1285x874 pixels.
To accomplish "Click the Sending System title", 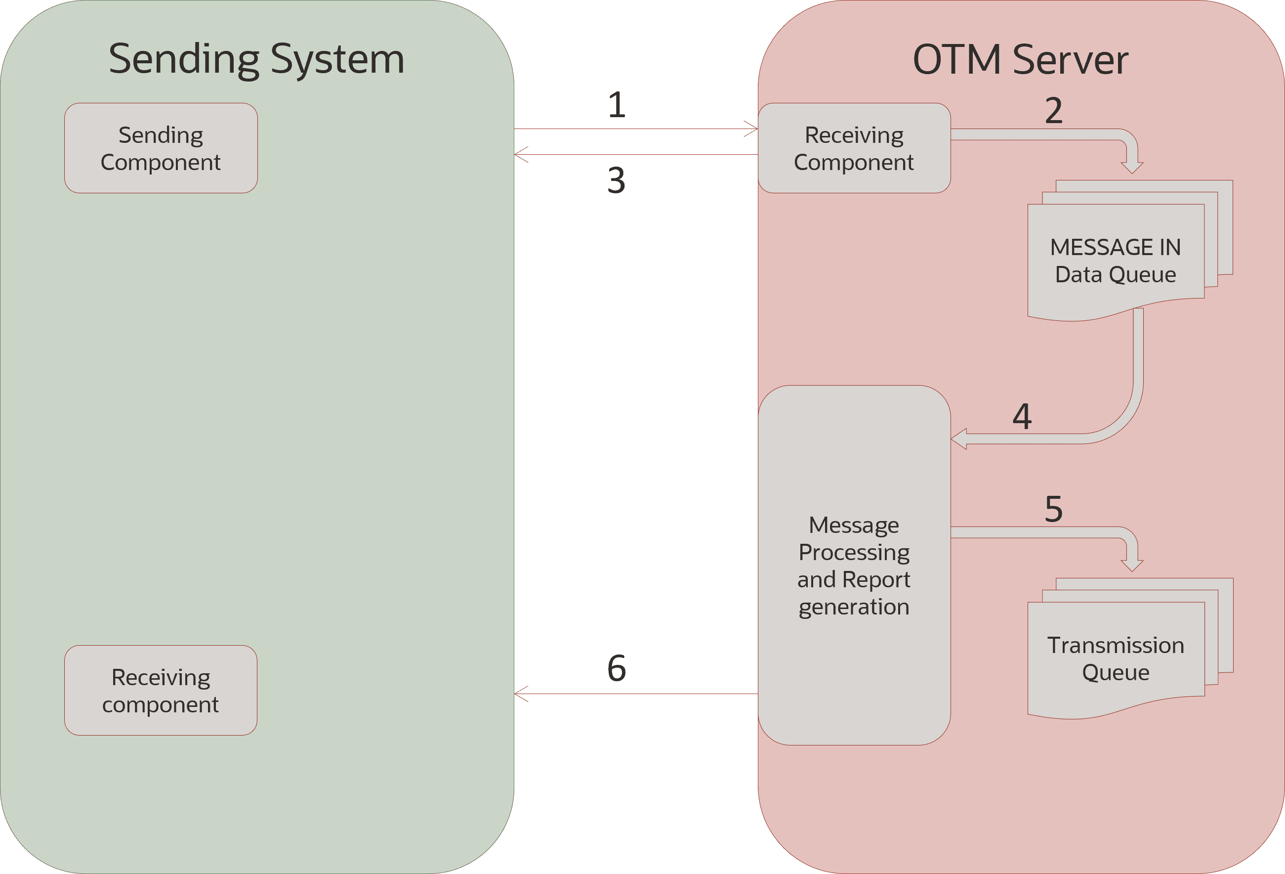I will click(x=256, y=59).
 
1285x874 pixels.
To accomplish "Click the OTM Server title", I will click(x=1020, y=60).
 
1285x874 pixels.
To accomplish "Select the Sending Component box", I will click(x=161, y=148).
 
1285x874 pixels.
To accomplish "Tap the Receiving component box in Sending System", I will click(x=161, y=690).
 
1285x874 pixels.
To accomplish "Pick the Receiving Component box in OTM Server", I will click(x=854, y=148).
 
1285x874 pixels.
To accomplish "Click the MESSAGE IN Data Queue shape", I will click(x=1115, y=261).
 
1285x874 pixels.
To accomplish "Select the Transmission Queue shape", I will click(x=1115, y=659).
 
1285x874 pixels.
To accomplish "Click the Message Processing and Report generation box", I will click(x=854, y=566).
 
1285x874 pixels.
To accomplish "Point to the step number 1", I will click(x=617, y=105).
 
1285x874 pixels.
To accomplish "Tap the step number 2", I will click(x=1054, y=111).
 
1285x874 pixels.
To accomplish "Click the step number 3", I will click(x=617, y=181).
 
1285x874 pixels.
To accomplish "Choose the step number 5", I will click(x=1054, y=509).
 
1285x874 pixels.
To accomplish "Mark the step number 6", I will click(x=617, y=668).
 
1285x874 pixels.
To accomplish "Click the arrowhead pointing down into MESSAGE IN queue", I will click(x=1132, y=167).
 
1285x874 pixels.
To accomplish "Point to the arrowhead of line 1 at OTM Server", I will click(x=752, y=129).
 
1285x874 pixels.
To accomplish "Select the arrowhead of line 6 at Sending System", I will click(x=520, y=694).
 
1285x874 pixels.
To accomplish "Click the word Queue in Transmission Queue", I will click(x=1115, y=673).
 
